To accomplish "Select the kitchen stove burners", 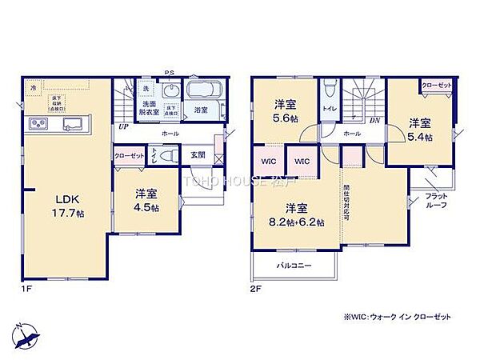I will (39, 123).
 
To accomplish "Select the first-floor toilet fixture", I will (165, 156).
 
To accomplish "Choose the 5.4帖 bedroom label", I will (421, 130).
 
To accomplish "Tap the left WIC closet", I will (269, 161).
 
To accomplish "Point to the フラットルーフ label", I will (437, 201).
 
